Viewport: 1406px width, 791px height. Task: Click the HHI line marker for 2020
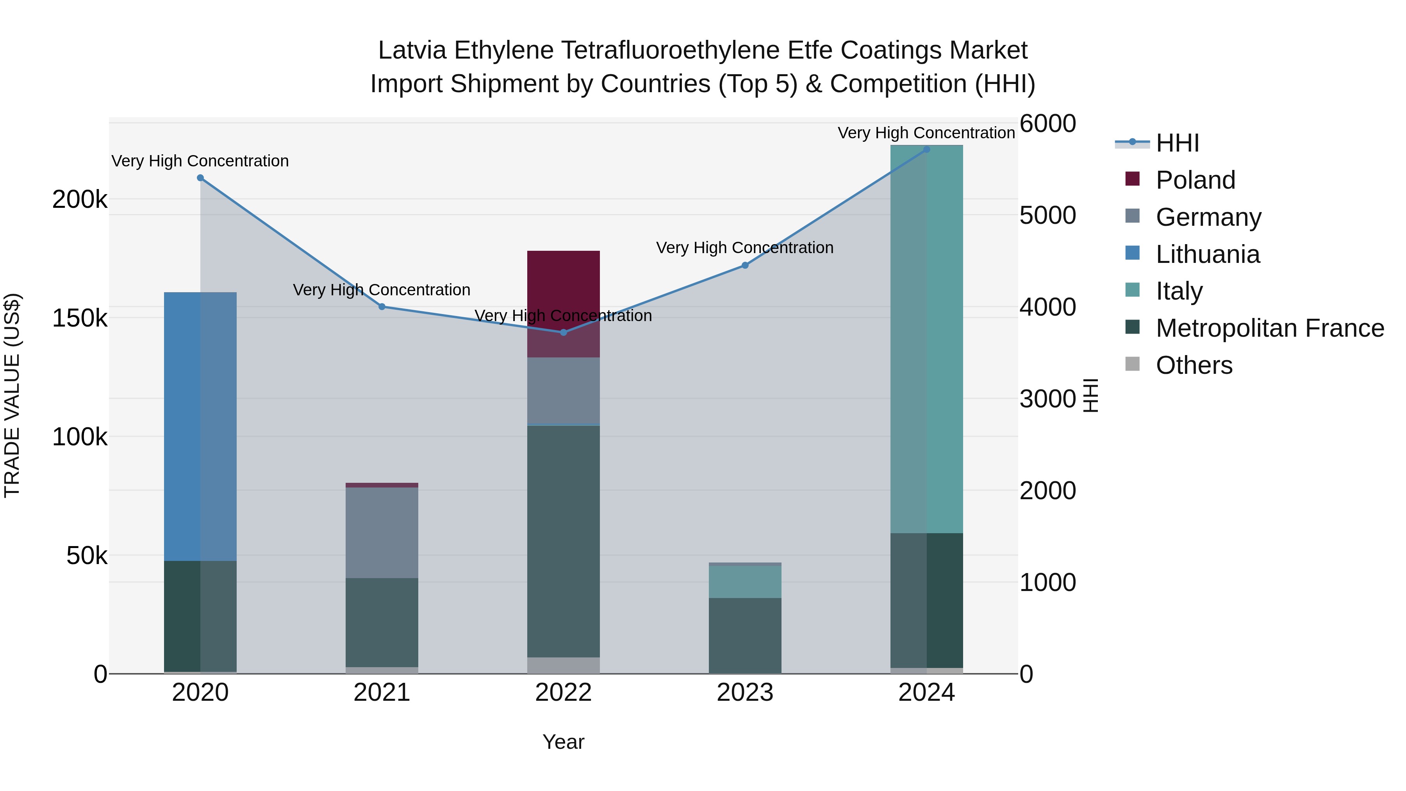point(200,178)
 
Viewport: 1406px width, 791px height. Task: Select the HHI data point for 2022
point(563,332)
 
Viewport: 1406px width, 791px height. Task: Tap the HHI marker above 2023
point(745,265)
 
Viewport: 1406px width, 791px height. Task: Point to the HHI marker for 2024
point(926,150)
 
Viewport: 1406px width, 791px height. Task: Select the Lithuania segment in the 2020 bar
point(200,426)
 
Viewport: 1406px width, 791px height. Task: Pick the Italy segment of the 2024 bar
point(926,338)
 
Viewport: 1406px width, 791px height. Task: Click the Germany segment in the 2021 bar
point(382,532)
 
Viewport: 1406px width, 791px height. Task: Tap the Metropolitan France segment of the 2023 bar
point(745,636)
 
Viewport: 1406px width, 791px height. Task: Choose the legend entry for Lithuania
point(1207,254)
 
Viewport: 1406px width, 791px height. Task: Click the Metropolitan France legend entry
point(1270,328)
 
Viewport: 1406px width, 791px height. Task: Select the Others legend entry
point(1194,365)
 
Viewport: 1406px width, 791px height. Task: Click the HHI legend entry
point(1177,143)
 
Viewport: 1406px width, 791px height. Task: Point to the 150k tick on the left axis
point(80,318)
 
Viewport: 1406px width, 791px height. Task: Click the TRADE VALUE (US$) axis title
point(12,396)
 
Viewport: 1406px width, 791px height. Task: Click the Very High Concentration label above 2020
point(200,161)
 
